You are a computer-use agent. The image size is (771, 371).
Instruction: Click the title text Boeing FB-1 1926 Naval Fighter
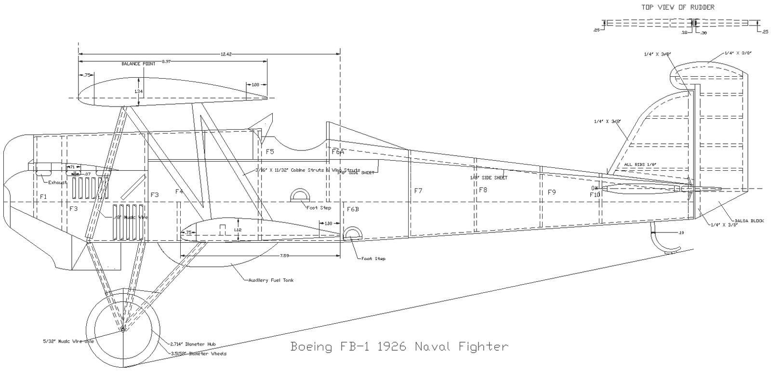[399, 346]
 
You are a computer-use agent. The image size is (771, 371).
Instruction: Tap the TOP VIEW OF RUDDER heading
[678, 7]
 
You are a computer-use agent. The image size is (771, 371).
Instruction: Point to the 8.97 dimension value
[166, 61]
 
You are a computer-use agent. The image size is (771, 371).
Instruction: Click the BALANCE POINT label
[138, 64]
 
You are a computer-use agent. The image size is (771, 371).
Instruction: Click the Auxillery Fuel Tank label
[271, 280]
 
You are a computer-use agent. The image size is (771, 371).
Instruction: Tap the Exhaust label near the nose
[57, 182]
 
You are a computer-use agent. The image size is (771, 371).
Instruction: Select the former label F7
[418, 191]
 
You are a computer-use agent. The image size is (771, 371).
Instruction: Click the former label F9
[552, 192]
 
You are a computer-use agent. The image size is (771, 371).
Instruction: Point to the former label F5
[270, 151]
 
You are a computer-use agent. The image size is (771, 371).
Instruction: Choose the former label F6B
[353, 209]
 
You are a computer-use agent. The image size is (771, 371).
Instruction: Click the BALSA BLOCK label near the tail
[750, 221]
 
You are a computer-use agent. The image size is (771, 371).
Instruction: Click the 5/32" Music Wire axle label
[68, 341]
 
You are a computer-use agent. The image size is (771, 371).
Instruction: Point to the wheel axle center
[123, 328]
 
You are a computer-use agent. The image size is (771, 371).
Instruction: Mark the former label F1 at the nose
[43, 197]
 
